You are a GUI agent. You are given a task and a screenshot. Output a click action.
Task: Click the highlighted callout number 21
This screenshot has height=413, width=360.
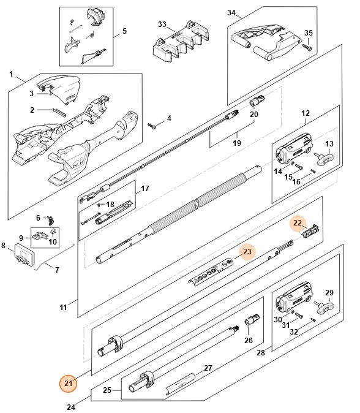pyautogui.click(x=69, y=384)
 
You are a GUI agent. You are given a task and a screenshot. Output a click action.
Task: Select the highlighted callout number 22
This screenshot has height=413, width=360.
pyautogui.click(x=298, y=223)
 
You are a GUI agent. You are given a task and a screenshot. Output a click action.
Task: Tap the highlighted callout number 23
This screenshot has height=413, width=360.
pyautogui.click(x=247, y=251)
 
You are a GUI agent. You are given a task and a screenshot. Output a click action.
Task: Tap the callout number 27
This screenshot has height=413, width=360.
pyautogui.click(x=207, y=368)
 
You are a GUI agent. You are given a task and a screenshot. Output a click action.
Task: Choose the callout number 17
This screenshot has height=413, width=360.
pyautogui.click(x=144, y=188)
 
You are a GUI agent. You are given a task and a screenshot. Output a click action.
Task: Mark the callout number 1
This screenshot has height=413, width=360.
pyautogui.click(x=11, y=74)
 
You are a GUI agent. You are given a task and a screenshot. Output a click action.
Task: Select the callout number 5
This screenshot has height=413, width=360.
pyautogui.click(x=124, y=31)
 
